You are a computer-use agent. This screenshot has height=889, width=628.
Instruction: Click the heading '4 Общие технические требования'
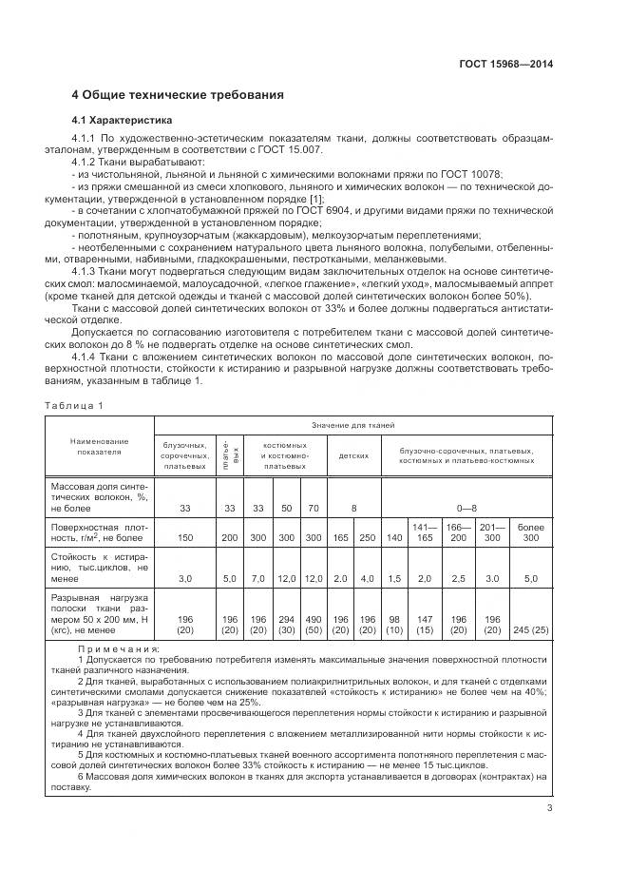[x=178, y=96]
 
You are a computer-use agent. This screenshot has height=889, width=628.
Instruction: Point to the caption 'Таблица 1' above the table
[x=74, y=406]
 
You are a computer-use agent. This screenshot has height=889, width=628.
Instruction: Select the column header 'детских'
[x=353, y=455]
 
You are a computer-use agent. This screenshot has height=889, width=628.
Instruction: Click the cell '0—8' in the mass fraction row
[x=466, y=509]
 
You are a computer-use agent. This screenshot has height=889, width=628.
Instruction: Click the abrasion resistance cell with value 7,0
[x=257, y=578]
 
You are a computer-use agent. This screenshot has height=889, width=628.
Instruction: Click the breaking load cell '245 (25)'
[x=531, y=629]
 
